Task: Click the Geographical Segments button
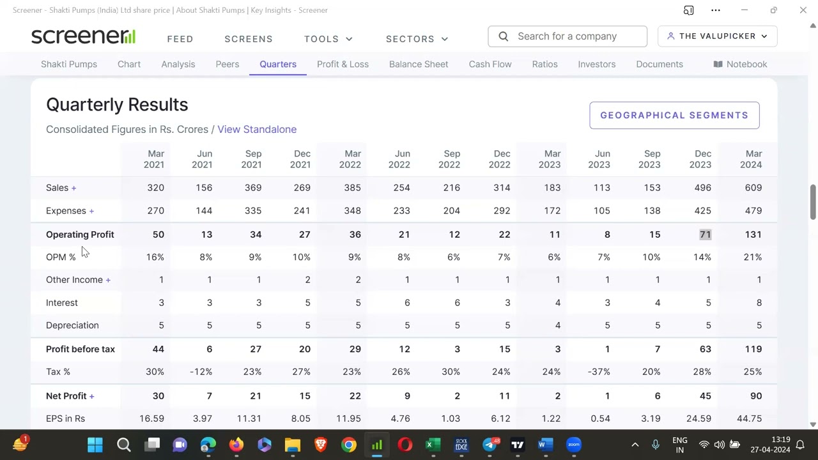(674, 116)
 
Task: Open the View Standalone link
(257, 129)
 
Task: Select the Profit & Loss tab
(343, 64)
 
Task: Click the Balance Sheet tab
(419, 64)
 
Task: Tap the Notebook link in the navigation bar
(740, 64)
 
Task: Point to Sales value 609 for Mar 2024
(753, 188)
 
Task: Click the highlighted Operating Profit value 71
(705, 234)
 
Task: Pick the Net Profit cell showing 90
(755, 396)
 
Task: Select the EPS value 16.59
(151, 418)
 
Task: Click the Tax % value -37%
(599, 372)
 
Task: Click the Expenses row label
(66, 211)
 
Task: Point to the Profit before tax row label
(81, 349)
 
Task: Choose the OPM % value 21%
(752, 257)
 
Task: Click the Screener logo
(83, 36)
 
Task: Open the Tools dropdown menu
(328, 39)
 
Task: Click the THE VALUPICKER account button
(717, 36)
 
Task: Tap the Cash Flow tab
(490, 64)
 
